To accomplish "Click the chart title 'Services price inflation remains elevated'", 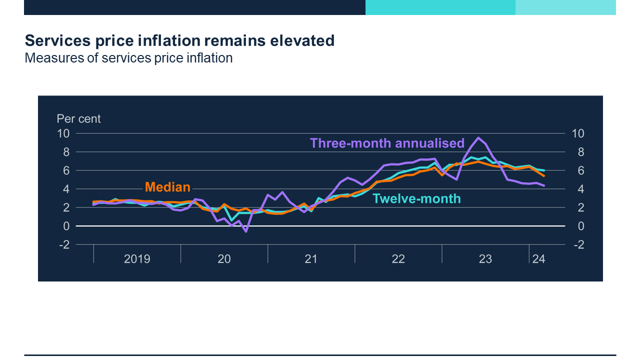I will click(179, 40).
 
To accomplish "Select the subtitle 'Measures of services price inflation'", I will click(128, 58).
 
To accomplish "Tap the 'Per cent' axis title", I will click(78, 119).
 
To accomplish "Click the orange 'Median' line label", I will click(167, 187).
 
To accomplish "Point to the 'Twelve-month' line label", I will click(416, 198).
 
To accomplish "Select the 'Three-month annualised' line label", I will click(387, 143).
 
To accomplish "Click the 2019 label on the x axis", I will click(137, 259).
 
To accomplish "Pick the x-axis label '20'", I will click(224, 259).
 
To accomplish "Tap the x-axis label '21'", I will click(311, 259).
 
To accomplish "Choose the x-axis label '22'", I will click(398, 259).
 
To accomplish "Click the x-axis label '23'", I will click(485, 259).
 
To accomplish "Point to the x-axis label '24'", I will click(538, 259).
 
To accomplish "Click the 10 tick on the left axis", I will click(63, 133).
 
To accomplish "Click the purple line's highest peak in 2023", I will click(478, 137).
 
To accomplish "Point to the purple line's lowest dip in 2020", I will click(246, 231).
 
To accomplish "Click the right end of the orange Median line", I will click(544, 176).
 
